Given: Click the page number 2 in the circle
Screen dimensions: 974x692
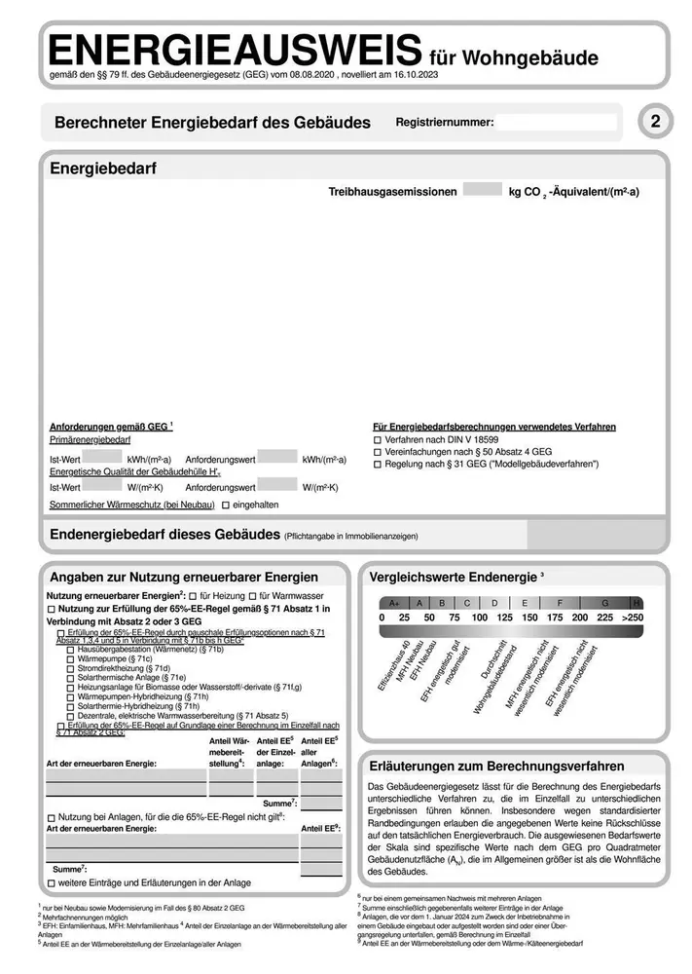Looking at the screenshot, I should pos(655,122).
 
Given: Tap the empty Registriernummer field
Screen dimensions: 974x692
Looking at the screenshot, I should pos(558,123).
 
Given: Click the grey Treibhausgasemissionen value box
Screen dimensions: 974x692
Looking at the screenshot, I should pos(482,192).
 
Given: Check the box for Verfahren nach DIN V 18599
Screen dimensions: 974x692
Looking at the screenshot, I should pos(378,439).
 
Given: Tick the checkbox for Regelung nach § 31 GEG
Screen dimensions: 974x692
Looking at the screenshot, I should pos(378,466).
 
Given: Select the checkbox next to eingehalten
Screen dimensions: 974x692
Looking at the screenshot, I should pos(226,505).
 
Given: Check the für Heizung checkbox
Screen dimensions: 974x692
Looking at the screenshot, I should pos(193,595).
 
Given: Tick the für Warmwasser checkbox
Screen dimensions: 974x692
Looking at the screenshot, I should pos(251,595).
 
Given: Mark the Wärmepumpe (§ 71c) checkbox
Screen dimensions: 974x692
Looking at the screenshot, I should pos(70,658).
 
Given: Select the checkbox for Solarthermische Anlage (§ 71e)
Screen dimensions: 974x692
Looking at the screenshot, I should pos(70,678).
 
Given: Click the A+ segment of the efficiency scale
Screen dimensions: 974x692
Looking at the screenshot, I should pos(394,603).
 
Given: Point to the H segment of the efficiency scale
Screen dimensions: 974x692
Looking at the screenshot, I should pos(637,603).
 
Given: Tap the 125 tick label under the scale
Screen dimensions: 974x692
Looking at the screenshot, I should pos(504,618).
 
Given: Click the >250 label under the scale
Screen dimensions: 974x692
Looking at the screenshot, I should pos(634,618).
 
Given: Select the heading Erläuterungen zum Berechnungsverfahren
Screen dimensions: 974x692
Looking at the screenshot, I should pos(496,767).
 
